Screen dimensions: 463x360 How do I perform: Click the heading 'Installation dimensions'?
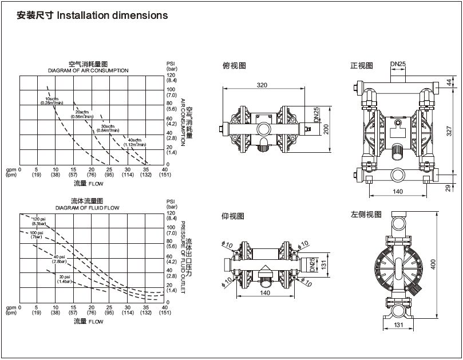point(112,15)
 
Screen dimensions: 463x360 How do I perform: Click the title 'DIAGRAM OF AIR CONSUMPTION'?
point(88,70)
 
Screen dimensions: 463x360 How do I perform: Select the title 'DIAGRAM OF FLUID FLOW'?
point(88,208)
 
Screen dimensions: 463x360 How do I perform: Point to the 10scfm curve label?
point(52,101)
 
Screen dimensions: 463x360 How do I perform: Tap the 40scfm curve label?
point(134,143)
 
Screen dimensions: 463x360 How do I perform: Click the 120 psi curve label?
point(39,221)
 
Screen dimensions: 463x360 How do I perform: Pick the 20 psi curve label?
point(64,279)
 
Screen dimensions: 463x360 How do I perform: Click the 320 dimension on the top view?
point(262,85)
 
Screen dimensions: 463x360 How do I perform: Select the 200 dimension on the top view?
point(326,129)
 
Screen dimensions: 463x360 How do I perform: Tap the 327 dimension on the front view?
point(449,131)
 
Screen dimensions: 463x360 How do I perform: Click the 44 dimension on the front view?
point(449,82)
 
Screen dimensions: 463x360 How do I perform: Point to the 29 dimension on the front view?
point(448,188)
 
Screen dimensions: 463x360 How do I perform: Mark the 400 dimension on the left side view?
point(433,264)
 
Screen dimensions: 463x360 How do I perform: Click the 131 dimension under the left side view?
point(398,325)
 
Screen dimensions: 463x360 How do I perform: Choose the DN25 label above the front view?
point(398,64)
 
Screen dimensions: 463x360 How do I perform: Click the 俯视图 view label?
point(234,65)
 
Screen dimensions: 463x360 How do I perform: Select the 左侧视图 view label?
point(366,215)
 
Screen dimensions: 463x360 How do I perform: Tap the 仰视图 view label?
point(233,216)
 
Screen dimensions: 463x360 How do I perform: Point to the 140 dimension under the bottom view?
point(265,292)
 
